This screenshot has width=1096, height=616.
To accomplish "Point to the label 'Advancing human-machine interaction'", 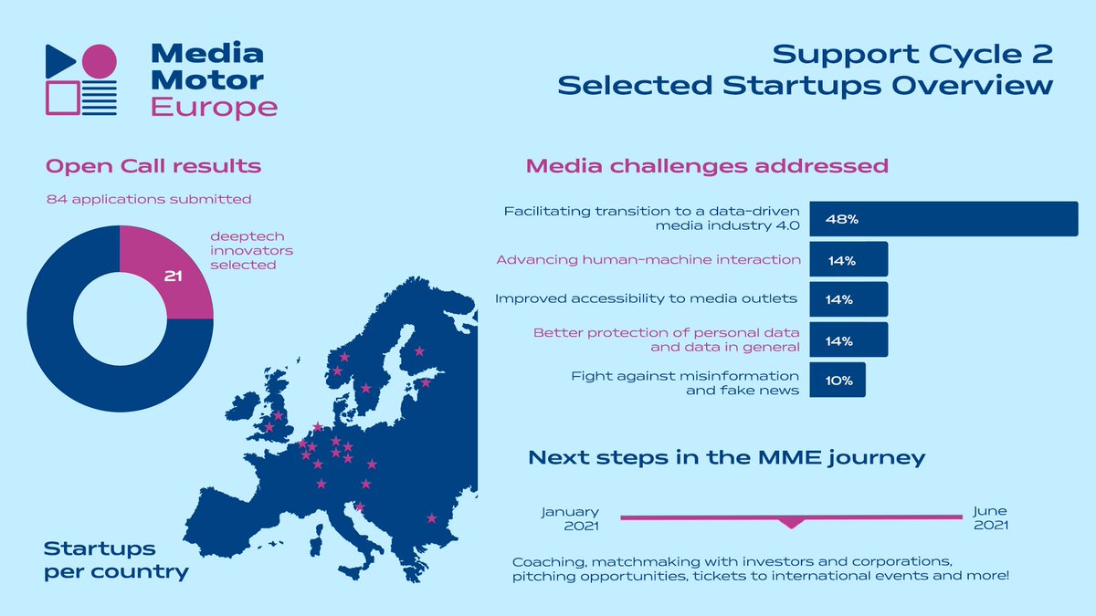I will click(x=648, y=260).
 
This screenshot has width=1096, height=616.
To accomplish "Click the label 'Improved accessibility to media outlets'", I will click(x=647, y=299).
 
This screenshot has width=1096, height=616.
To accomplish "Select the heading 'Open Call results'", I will click(x=153, y=166).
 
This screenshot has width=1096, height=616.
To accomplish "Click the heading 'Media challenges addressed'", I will click(x=707, y=166).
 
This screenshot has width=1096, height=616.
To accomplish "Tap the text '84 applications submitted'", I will click(x=149, y=198).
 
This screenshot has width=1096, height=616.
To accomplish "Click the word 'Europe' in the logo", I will click(x=214, y=108).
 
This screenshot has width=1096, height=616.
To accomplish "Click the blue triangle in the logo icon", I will click(x=60, y=60).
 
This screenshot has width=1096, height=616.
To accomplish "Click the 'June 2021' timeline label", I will click(x=990, y=519).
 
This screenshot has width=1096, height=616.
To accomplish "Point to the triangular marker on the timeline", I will click(x=791, y=523).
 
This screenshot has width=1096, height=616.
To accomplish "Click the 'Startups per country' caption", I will click(x=116, y=560).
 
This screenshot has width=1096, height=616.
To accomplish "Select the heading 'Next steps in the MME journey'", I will click(x=727, y=457).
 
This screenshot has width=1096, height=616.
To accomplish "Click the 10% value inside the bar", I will click(x=838, y=381).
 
